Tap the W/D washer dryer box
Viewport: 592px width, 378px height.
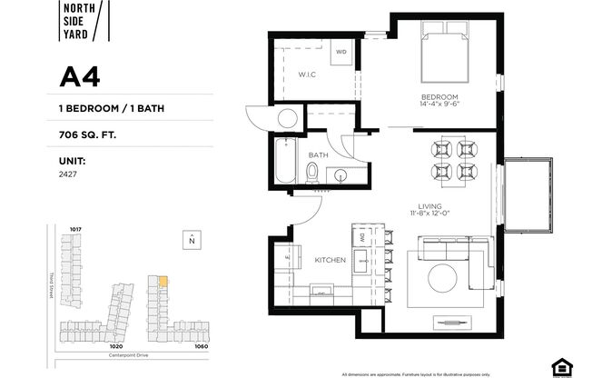click(x=341, y=52)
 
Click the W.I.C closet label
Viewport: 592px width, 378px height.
click(x=306, y=75)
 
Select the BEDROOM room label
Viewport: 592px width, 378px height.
click(x=439, y=96)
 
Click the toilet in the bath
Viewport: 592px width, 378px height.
click(x=311, y=172)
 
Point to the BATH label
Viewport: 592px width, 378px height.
click(x=317, y=155)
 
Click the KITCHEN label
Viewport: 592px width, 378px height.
click(x=331, y=260)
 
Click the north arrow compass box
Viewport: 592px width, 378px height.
click(x=192, y=240)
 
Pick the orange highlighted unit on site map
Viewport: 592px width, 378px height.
click(x=163, y=282)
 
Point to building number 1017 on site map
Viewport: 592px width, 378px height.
click(x=75, y=229)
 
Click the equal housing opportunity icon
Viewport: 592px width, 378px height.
click(x=564, y=366)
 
